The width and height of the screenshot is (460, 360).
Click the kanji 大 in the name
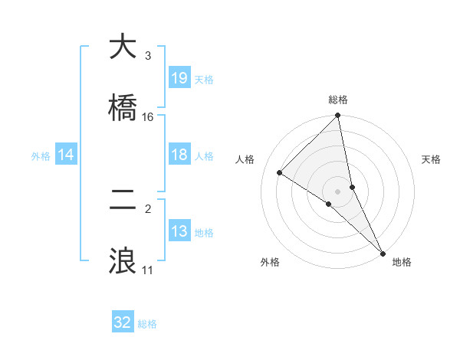click(x=123, y=47)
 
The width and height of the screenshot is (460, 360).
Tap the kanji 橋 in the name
click(x=123, y=107)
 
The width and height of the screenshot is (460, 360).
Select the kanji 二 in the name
click(x=123, y=200)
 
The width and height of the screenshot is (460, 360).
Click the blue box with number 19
click(x=179, y=78)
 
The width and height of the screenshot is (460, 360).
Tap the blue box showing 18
click(x=179, y=155)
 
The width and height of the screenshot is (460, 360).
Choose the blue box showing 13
click(x=179, y=232)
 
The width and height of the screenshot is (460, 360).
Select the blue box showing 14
click(x=66, y=155)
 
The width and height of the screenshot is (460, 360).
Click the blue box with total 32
click(x=123, y=323)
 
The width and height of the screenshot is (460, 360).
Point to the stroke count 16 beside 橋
click(x=148, y=117)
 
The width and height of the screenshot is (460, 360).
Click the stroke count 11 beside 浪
click(x=147, y=270)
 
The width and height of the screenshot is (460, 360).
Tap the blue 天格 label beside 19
click(x=204, y=79)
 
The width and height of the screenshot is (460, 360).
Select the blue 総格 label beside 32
click(x=147, y=324)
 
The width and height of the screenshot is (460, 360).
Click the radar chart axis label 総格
click(x=338, y=100)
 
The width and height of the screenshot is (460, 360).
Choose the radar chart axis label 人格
click(x=245, y=159)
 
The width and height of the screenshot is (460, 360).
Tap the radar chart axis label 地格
click(x=402, y=262)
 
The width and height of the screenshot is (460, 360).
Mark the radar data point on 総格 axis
click(x=338, y=116)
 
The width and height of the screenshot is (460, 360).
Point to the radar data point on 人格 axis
click(x=280, y=172)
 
